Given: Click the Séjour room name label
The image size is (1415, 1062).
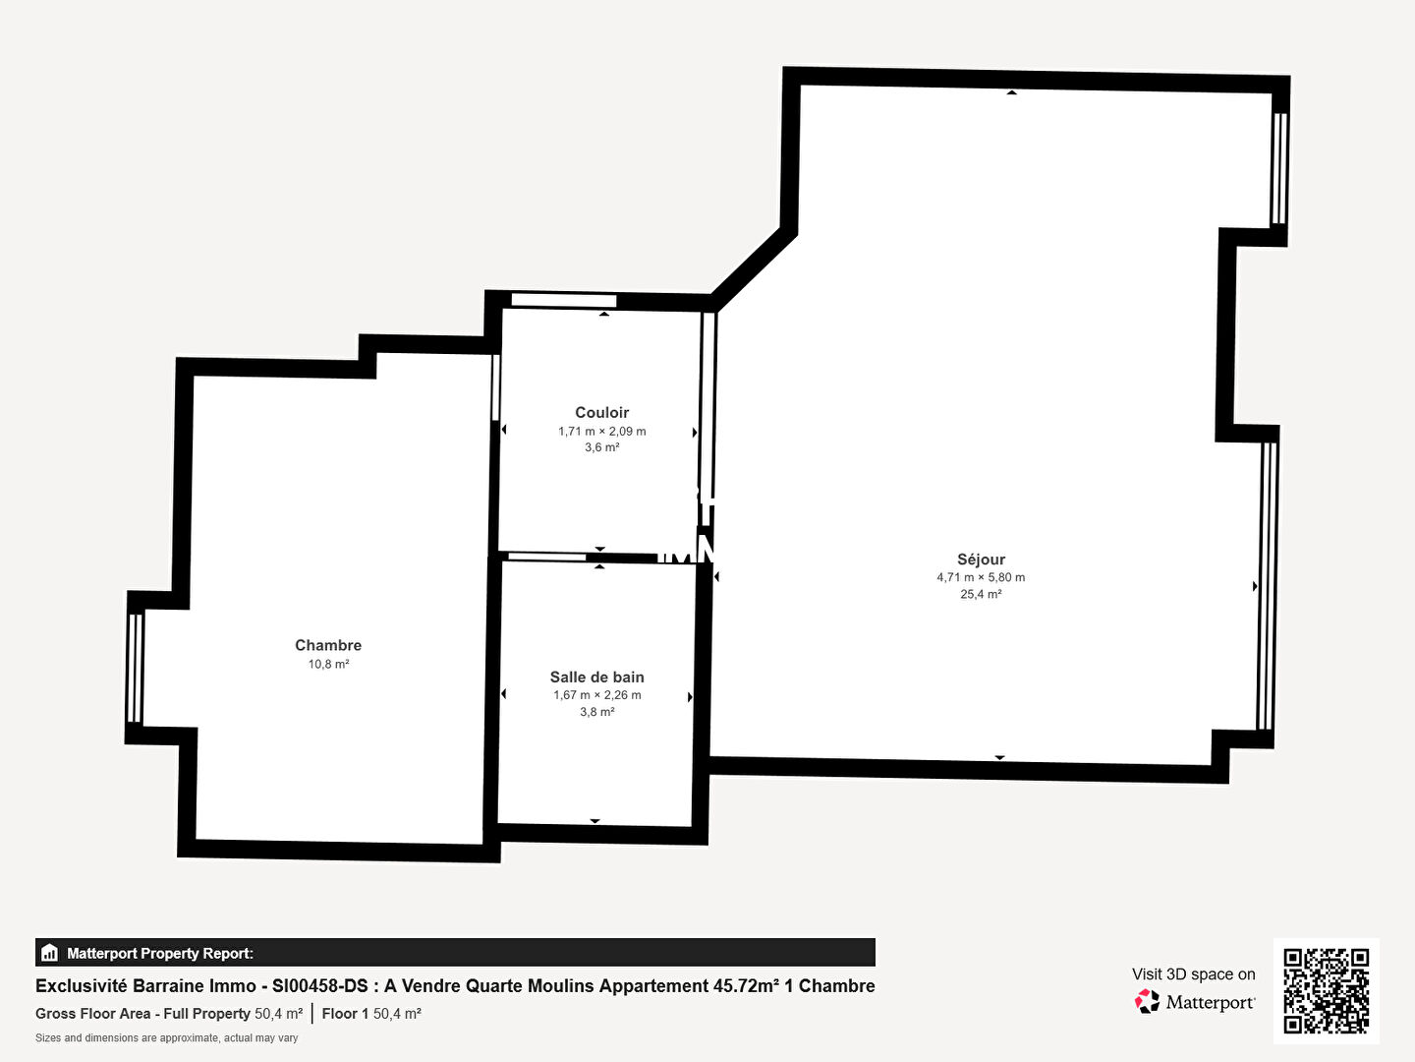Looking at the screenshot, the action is click(981, 560).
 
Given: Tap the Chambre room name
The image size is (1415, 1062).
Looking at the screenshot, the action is click(328, 645).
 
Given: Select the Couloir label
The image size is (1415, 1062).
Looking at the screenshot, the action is click(601, 412).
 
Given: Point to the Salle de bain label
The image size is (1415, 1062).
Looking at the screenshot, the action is click(596, 678).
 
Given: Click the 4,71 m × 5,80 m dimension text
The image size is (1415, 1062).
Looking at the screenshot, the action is click(981, 577).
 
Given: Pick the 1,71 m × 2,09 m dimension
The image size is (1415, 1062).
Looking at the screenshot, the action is click(601, 432).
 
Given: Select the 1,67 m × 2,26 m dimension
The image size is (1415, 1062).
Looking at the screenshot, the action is click(596, 695).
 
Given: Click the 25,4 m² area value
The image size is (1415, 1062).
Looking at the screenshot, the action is click(981, 594).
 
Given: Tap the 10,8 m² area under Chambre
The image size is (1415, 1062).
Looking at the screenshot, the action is click(328, 664).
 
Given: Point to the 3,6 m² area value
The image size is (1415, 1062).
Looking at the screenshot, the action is click(601, 447).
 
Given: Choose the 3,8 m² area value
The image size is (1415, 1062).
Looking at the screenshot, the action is click(596, 712).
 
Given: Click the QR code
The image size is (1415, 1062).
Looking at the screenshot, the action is click(1326, 991).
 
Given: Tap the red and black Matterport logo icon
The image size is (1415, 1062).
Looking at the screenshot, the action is click(1147, 1001).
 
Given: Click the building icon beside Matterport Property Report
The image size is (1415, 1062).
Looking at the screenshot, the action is click(50, 953).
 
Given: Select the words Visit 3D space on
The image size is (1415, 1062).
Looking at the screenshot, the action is click(1193, 974).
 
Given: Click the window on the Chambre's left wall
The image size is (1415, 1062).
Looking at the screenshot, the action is click(135, 668).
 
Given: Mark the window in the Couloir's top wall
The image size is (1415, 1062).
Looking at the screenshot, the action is click(564, 301).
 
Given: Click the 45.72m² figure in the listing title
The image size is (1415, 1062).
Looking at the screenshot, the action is click(746, 986).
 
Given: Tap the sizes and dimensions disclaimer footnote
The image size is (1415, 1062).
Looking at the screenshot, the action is click(166, 1038).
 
